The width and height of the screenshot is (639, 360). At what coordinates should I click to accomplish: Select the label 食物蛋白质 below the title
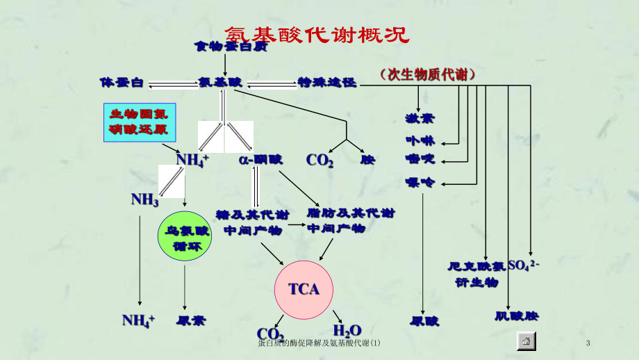[222, 47]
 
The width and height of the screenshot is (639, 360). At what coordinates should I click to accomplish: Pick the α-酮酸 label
[260, 159]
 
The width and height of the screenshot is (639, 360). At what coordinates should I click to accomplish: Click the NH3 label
[145, 199]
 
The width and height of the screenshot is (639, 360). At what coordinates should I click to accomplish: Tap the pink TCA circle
[304, 288]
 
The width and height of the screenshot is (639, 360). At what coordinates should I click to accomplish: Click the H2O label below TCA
[347, 331]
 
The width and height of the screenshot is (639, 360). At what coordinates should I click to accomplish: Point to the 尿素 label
[191, 320]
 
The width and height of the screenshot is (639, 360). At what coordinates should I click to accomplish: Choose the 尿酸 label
[425, 320]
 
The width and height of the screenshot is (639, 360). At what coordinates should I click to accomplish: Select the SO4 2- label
[524, 265]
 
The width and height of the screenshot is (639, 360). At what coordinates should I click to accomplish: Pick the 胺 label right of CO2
[367, 160]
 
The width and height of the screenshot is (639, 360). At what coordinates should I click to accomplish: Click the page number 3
[588, 343]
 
